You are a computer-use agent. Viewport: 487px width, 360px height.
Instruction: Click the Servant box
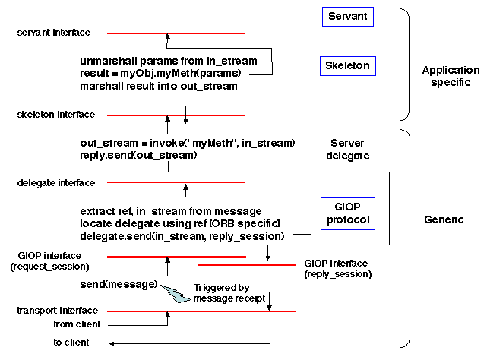click(x=347, y=16)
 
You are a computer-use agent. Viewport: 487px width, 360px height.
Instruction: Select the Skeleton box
click(x=347, y=66)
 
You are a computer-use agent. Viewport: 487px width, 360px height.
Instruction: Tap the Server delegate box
click(x=347, y=150)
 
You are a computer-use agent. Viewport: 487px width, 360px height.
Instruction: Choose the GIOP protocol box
click(x=347, y=213)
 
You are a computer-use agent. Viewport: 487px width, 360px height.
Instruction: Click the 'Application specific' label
click(x=451, y=76)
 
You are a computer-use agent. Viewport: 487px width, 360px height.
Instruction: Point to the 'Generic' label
click(x=444, y=219)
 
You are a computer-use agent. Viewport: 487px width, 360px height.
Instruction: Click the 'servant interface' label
click(x=53, y=33)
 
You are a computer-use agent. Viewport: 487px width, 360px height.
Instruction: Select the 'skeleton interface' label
click(x=55, y=115)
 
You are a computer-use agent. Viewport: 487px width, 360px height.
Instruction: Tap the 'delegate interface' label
click(x=55, y=182)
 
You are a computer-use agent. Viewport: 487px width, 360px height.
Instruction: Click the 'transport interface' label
click(x=57, y=311)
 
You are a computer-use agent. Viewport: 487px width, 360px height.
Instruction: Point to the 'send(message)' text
click(x=119, y=284)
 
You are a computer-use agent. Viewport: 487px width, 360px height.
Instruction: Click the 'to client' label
click(x=71, y=343)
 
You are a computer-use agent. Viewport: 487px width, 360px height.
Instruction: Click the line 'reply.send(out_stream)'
click(x=138, y=155)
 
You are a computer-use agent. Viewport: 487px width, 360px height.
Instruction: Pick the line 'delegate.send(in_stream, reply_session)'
click(x=182, y=237)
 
